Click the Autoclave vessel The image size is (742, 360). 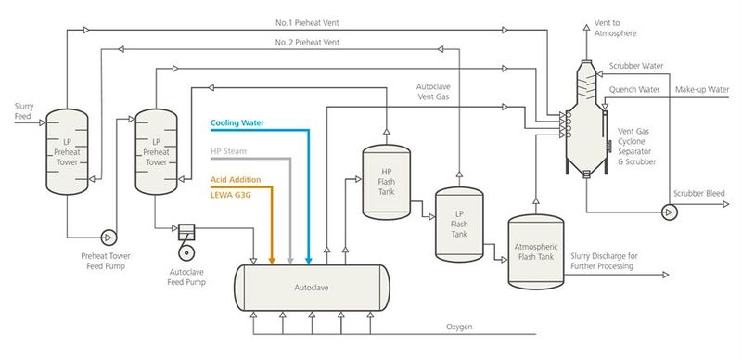click(312, 288)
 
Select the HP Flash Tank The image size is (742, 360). click(386, 181)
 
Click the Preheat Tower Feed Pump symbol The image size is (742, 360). click(109, 236)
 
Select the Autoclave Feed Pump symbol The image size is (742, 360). click(184, 242)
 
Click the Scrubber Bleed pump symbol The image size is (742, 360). click(667, 212)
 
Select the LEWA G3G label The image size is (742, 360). click(232, 195)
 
